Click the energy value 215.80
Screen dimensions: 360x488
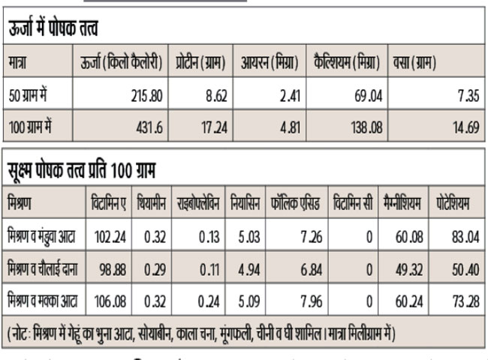[x=143, y=93]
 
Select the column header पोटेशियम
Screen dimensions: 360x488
[x=453, y=203]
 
